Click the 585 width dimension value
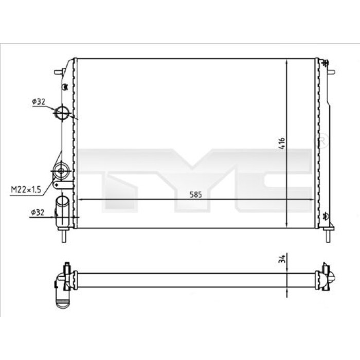[196, 195]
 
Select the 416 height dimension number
[282, 143]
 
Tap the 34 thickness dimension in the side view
[283, 259]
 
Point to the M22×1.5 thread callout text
[26, 190]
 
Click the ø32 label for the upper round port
[39, 102]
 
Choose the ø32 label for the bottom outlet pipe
[38, 212]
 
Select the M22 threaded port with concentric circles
[61, 171]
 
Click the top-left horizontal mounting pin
[59, 72]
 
